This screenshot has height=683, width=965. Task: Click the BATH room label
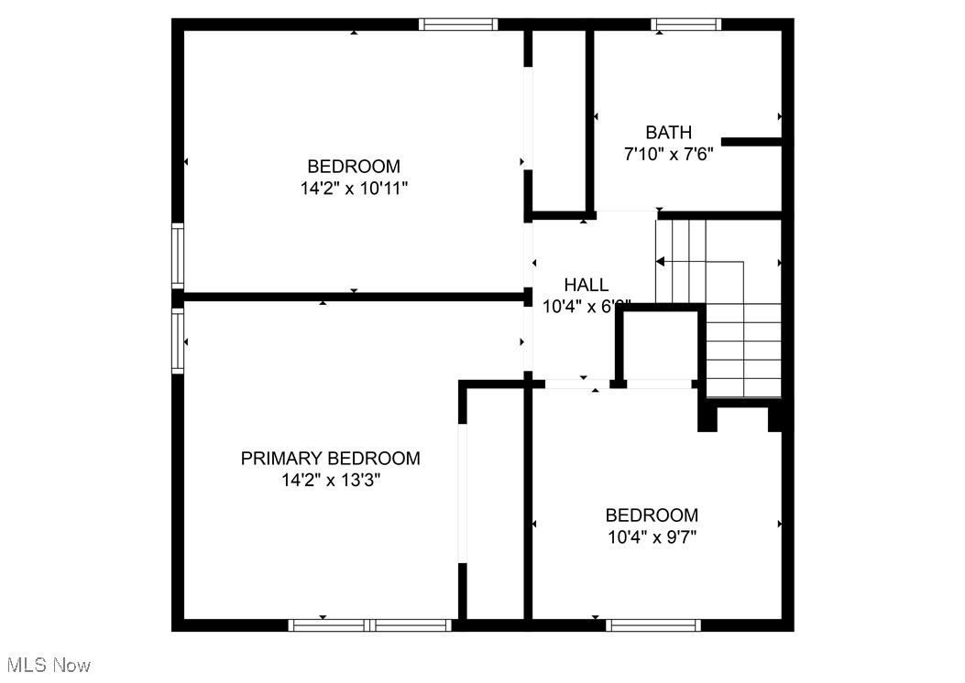coord(668,133)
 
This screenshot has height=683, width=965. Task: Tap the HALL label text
coord(586,285)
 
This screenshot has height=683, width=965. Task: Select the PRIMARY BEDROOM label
coord(331,458)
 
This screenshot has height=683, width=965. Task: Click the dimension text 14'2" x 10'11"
coord(353,189)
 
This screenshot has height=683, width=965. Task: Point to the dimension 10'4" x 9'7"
coord(652,537)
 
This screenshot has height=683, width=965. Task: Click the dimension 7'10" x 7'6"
coord(668,155)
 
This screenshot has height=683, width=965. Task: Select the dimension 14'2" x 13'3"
coord(331,480)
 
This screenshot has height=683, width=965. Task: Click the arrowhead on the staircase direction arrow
coord(661,262)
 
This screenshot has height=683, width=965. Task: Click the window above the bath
coord(686,25)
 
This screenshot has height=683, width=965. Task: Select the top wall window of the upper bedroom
coord(458,25)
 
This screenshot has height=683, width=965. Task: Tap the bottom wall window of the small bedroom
coord(652,625)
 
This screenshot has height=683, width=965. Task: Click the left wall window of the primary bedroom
coord(178,341)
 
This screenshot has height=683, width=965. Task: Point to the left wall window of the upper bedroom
coord(178,256)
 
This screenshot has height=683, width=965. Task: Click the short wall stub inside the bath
coord(751,142)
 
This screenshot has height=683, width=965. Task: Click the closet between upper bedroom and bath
coord(559,119)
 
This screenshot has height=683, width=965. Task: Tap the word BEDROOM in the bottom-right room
coord(652,515)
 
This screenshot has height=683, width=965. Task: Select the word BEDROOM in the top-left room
coord(353,167)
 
